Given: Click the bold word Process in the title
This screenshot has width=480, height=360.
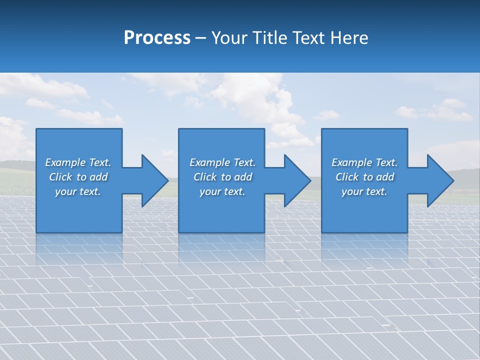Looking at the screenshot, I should [157, 37].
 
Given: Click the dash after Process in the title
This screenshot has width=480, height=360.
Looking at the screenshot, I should [200, 38].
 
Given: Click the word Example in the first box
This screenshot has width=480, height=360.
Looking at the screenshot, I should [65, 162].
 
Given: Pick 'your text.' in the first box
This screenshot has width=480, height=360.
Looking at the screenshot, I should [78, 191].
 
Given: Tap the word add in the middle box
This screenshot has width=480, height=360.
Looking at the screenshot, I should [243, 177].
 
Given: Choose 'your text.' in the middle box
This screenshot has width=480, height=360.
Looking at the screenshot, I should [222, 191].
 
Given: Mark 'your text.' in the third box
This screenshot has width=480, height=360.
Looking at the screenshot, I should [364, 191].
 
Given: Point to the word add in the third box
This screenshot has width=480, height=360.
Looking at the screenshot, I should [385, 177].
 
